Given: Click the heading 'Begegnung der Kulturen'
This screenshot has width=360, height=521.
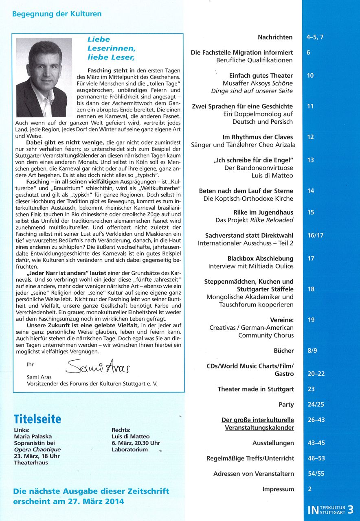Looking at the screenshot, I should coord(57,14).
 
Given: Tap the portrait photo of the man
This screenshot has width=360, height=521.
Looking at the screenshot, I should coord(44,78).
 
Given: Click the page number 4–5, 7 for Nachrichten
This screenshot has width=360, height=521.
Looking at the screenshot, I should coord(318,37).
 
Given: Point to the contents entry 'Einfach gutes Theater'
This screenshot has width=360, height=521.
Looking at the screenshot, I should coord(261,75).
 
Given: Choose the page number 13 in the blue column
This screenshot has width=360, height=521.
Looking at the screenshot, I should coord(310,160).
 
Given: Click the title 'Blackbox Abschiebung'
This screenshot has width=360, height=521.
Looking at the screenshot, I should coord(260,258).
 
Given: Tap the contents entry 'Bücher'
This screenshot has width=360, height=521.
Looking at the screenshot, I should coord(283,350).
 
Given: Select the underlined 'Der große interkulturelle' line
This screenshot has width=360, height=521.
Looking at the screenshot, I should coord(257,420).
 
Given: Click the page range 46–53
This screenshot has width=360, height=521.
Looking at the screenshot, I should coord(316,458).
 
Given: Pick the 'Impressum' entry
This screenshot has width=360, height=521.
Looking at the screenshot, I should coord(278,489).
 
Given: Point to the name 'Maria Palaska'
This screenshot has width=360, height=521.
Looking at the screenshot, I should coord(33,437).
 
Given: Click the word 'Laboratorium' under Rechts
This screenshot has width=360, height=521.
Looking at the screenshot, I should coord(130,449).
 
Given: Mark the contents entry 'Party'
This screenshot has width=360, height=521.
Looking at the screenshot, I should coord(286,404).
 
